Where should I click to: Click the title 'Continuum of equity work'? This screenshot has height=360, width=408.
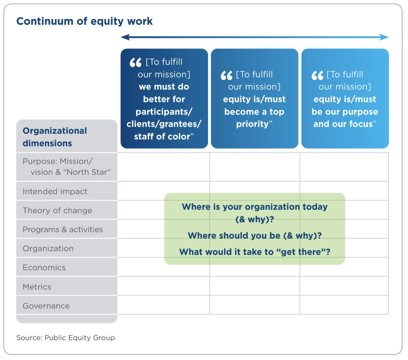click(85, 21)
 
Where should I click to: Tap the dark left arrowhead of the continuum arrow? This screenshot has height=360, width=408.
click(125, 37)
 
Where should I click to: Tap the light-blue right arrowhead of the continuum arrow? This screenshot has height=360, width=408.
click(384, 37)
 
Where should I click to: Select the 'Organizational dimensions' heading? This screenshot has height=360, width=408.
click(55, 137)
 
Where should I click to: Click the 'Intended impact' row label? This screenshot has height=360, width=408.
click(55, 191)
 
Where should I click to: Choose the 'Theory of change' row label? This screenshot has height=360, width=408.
click(57, 211)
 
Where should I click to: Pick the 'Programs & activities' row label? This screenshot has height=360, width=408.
click(63, 229)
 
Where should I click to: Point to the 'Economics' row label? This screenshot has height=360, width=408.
click(44, 268)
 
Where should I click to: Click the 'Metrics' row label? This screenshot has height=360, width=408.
click(37, 287)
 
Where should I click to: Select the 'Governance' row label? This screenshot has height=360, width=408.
click(46, 306)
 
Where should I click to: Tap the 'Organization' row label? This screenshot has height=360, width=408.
click(48, 249)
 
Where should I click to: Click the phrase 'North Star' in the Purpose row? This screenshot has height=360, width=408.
click(87, 172)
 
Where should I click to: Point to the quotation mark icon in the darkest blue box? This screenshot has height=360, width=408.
click(135, 62)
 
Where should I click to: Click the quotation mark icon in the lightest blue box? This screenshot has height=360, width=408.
click(317, 75)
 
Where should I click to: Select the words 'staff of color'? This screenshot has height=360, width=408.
click(162, 137)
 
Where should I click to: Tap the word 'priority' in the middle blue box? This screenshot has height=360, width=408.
click(253, 124)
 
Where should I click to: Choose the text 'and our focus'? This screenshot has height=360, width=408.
click(343, 124)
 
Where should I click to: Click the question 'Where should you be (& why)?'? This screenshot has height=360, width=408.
click(255, 236)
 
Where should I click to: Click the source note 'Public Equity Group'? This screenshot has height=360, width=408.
click(79, 338)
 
